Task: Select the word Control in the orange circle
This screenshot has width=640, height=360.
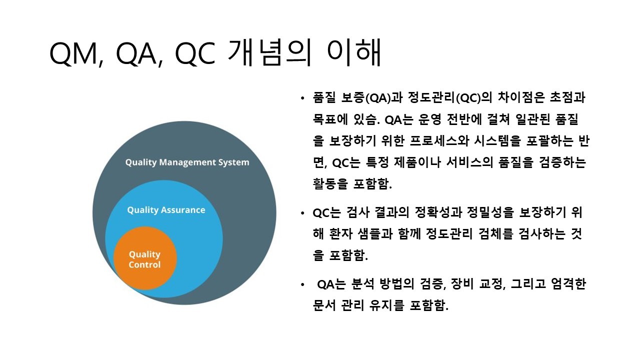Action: pos(144,265)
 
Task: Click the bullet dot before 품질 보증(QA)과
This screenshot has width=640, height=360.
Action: pos(302,98)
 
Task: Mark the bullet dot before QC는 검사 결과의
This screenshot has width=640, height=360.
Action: pos(302,213)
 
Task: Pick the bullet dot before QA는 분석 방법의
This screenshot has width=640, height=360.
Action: pos(302,285)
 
